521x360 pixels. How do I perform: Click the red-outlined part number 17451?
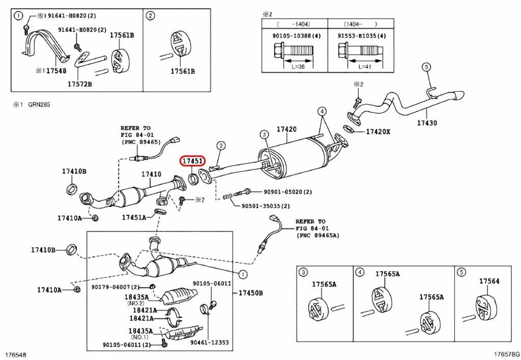[193, 161]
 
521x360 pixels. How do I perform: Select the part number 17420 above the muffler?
[287, 129]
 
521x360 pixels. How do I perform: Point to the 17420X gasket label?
[378, 131]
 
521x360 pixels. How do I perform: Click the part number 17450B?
[250, 293]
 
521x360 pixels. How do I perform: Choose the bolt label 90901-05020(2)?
[288, 192]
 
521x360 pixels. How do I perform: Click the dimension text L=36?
[297, 66]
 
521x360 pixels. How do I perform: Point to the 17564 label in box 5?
[489, 281]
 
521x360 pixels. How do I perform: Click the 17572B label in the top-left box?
[80, 84]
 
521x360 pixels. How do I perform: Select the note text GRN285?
[39, 105]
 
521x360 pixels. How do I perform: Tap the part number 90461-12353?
[209, 343]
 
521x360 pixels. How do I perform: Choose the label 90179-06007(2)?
[116, 287]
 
